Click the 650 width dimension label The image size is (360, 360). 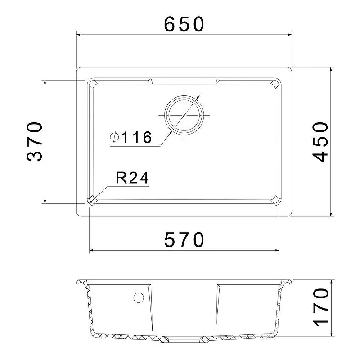coord(184,24)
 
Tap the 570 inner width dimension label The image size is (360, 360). coord(184,240)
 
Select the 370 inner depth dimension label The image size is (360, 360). coord(35,142)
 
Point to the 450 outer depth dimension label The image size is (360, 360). coord(320,142)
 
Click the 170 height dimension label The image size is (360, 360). coord(321,307)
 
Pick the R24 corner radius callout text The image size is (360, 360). coord(132,178)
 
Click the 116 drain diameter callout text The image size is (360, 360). coord(137,137)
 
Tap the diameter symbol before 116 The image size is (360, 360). coord(114,137)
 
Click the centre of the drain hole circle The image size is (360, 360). coord(184,115)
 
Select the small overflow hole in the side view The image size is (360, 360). coord(139,297)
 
